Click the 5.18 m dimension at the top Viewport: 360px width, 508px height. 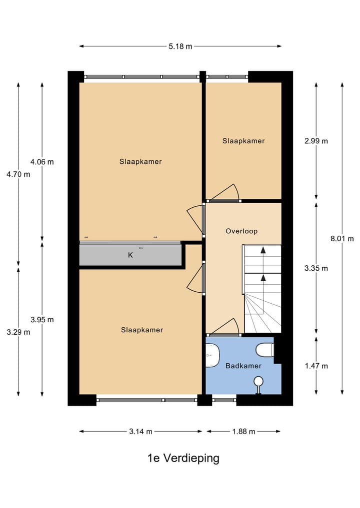pos(180,46)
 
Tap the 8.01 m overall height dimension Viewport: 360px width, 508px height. pos(341,239)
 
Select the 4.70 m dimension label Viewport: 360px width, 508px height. pos(18,174)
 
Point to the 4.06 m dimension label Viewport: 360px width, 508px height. pos(42,162)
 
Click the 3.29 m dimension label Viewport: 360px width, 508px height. pos(18,332)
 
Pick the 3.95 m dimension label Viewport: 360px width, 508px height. pos(42,320)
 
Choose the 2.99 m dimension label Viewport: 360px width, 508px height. pos(316,141)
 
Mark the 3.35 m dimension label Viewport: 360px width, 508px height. pos(316,268)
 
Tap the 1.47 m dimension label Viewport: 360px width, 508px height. pos(316,366)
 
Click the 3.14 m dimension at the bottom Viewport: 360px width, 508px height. pos(140,432)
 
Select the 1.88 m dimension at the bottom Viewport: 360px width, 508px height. pos(243,432)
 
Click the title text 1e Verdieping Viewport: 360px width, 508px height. pos(183,458)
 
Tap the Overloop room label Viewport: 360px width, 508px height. pos(241,231)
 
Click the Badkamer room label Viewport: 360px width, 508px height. pos(243,366)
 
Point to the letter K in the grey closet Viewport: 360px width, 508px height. pos(130,255)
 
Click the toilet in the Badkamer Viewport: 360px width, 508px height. pos(264,350)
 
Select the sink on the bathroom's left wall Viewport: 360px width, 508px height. pos(212,356)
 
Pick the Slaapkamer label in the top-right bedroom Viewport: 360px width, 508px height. pos(243,141)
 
